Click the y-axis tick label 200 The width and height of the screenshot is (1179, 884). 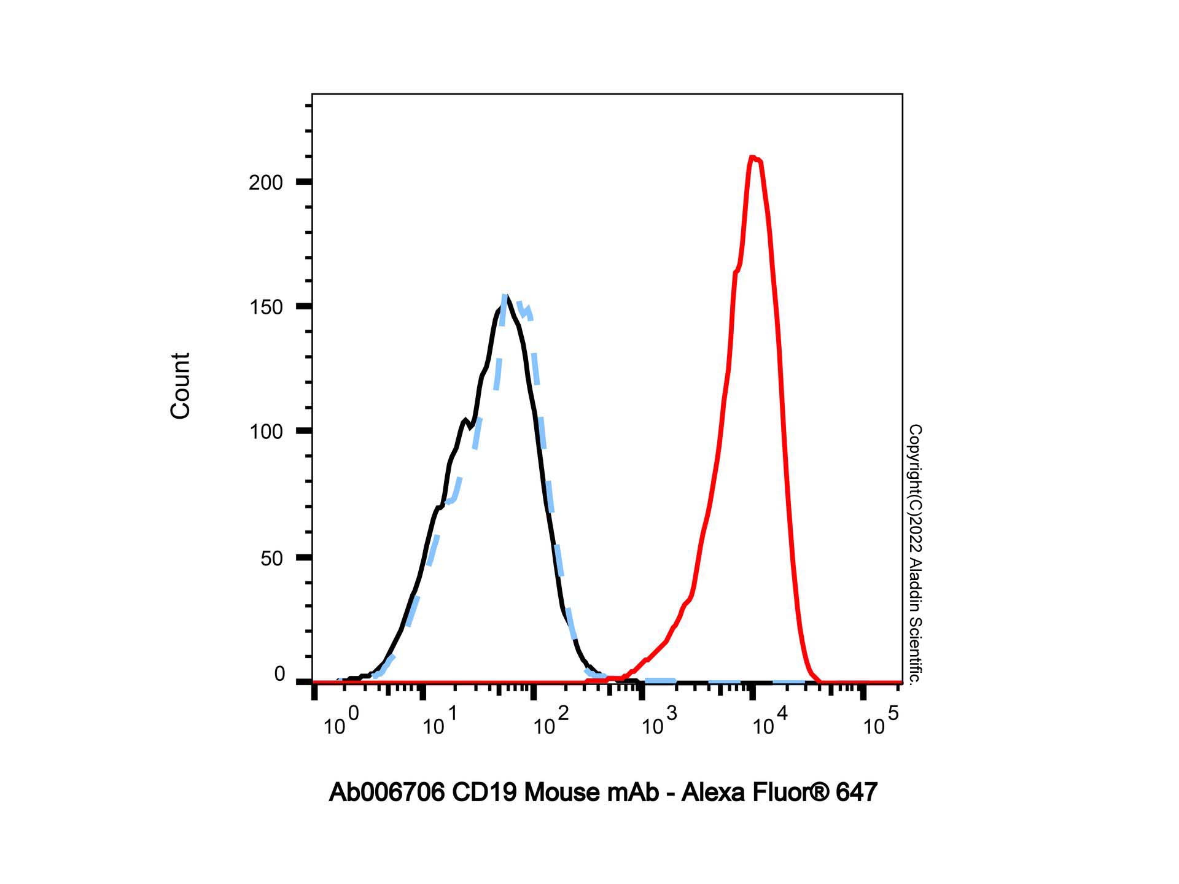coord(265,182)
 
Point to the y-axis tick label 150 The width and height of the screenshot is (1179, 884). coord(265,307)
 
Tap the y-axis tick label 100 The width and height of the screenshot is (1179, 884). coord(265,432)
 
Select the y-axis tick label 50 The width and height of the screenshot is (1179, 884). coord(271,558)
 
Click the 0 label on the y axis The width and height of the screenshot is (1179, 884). coord(279,674)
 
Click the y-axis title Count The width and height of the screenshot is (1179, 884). coord(180,386)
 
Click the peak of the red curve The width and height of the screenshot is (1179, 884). coord(753,158)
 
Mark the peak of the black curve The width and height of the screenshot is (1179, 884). coord(504,298)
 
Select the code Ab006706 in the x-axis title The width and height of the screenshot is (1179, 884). coord(387,793)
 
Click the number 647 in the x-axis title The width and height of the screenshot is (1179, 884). coord(856,793)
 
